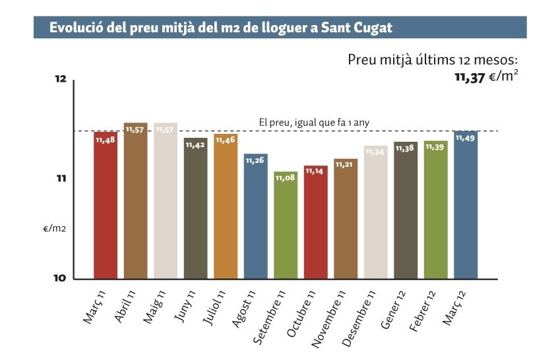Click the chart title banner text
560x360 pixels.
tap(220, 28)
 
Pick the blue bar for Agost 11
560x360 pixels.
tap(256, 218)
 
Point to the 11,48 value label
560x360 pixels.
tap(106, 140)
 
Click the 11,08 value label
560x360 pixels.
tap(286, 178)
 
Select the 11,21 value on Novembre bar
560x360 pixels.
tap(346, 165)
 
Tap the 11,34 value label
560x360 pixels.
tap(375, 152)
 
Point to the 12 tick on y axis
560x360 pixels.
tap(60, 80)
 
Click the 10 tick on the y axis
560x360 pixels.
tap(60, 278)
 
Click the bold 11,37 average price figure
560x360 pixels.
tap(470, 77)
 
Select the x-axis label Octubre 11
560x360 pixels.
tap(303, 313)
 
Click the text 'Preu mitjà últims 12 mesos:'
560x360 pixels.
tap(437, 59)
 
